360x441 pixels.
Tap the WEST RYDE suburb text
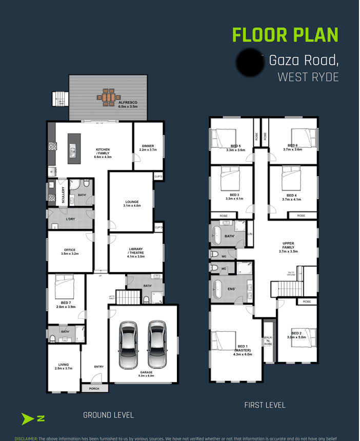(x=308, y=78)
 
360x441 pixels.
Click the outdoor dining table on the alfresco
(x=108, y=97)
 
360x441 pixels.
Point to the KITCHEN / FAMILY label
(x=103, y=152)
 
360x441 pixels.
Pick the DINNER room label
(x=148, y=148)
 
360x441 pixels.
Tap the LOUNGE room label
(x=132, y=203)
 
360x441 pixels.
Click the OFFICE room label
(x=70, y=252)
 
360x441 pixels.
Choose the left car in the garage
(x=127, y=345)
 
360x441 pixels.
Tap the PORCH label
(x=94, y=389)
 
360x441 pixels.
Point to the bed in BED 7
(x=65, y=284)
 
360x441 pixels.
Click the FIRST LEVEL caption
(x=265, y=406)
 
